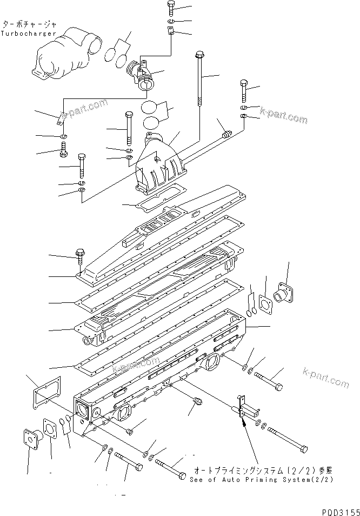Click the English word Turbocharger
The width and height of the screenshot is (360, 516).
[x=28, y=34]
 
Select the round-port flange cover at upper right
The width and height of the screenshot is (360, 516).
[x=284, y=293]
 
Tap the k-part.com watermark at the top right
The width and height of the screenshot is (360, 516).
[x=283, y=116]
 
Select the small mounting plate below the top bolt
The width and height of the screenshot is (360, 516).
[x=171, y=31]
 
